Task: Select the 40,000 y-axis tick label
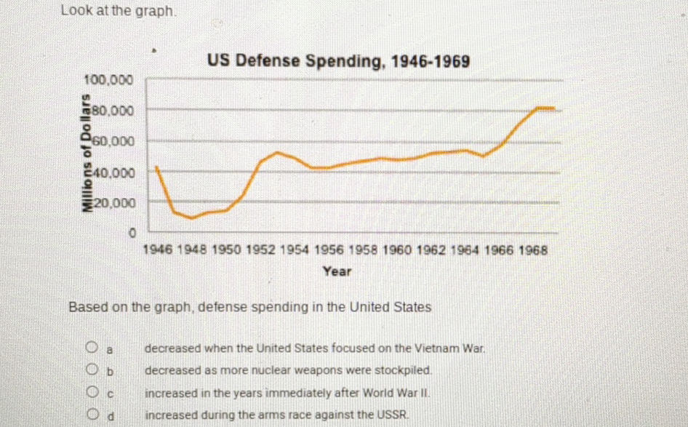[111, 173]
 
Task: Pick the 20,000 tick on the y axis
[111, 204]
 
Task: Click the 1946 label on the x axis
[159, 250]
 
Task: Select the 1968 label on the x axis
[533, 250]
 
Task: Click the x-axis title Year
[337, 271]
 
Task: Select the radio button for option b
[92, 370]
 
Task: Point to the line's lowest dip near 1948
[191, 218]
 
